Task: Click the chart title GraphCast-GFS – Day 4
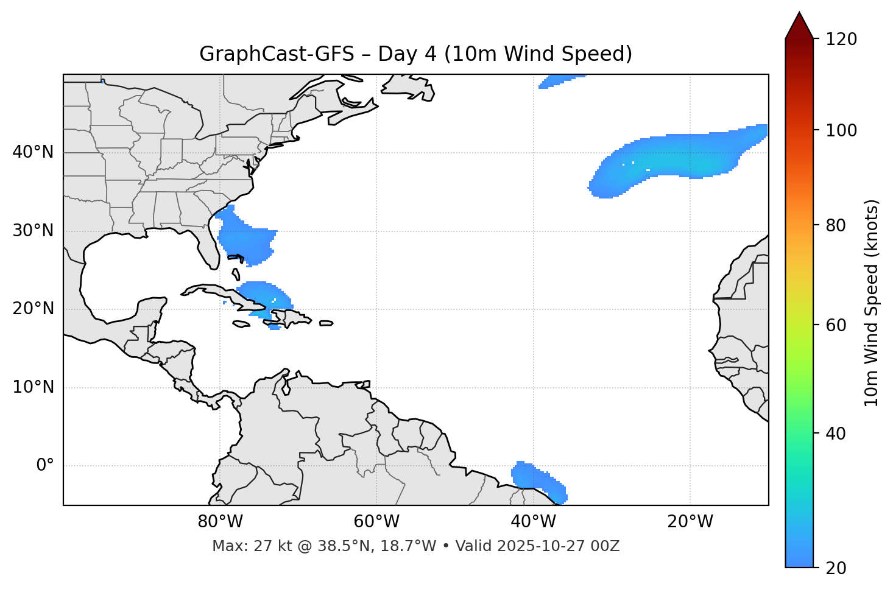[x=415, y=54]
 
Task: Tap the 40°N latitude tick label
[x=33, y=152]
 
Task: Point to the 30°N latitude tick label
[x=33, y=231]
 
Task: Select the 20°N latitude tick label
[x=33, y=309]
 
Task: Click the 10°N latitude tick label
[x=33, y=387]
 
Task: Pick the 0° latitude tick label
[x=45, y=466]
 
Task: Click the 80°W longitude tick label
[x=220, y=522]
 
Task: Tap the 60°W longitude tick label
[x=376, y=522]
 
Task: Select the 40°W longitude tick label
[x=533, y=522]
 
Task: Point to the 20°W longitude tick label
[x=690, y=522]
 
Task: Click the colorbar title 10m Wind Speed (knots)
[x=872, y=303]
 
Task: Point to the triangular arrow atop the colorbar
[x=799, y=26]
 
